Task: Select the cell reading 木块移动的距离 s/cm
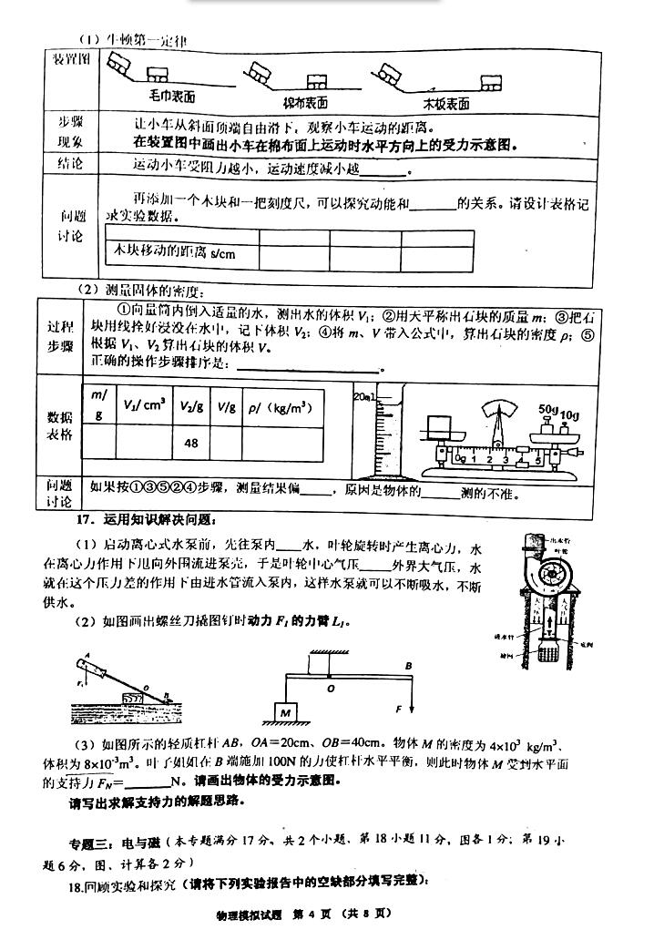click(x=182, y=252)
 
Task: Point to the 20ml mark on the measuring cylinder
click(x=363, y=396)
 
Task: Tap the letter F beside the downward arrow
click(x=400, y=706)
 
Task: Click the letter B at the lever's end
click(x=409, y=665)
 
